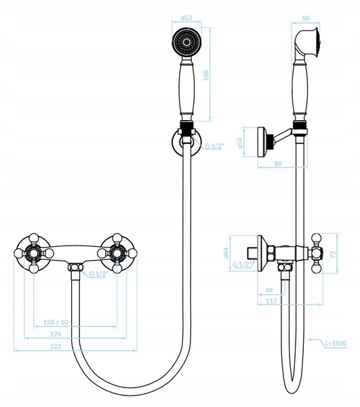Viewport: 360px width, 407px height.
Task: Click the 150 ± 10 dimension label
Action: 56,322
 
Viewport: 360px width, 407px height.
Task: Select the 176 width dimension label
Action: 56,334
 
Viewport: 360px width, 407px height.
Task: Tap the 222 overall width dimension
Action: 56,346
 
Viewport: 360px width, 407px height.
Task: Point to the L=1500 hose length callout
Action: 336,343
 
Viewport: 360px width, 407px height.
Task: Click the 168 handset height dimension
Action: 205,75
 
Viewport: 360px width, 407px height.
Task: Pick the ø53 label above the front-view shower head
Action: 186,18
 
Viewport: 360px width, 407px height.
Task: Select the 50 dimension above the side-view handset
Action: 306,18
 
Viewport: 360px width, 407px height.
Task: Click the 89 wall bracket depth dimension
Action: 278,163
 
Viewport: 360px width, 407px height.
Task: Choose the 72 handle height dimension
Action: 334,254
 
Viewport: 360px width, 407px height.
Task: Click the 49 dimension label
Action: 269,290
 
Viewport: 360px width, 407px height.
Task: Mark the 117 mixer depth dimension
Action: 271,301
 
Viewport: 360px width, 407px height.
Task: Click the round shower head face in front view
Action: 186,42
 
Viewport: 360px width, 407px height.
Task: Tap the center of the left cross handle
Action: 34,253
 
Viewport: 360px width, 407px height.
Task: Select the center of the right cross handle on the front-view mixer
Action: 117,253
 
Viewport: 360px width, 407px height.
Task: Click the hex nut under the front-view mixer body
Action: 75,267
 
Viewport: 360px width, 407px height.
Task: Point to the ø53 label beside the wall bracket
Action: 239,142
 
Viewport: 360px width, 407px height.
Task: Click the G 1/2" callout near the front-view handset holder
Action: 214,146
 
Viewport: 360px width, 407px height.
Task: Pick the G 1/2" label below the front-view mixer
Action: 98,273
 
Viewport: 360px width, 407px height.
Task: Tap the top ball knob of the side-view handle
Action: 316,238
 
